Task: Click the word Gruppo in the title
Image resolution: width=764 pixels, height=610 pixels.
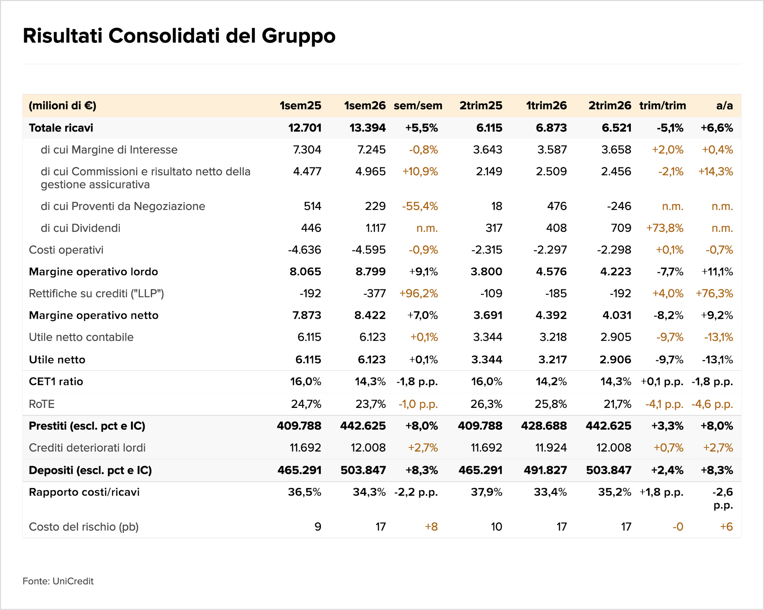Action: pyautogui.click(x=298, y=37)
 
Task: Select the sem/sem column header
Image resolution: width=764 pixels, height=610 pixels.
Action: pyautogui.click(x=418, y=106)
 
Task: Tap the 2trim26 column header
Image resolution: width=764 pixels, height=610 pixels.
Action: pyautogui.click(x=610, y=106)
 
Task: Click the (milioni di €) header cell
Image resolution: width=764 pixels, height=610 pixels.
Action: pyautogui.click(x=63, y=106)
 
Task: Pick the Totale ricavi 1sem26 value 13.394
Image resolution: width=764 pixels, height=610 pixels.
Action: pyautogui.click(x=367, y=128)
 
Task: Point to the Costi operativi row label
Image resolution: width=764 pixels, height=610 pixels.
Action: pyautogui.click(x=66, y=250)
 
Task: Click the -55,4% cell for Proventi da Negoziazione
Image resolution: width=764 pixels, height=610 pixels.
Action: pyautogui.click(x=420, y=206)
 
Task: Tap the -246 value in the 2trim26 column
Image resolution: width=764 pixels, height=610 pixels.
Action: pyautogui.click(x=619, y=206)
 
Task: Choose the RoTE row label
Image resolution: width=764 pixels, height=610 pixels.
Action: pyautogui.click(x=42, y=404)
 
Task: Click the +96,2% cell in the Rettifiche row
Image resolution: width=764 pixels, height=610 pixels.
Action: pyautogui.click(x=419, y=293)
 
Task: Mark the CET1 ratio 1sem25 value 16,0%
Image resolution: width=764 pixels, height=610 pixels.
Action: pyautogui.click(x=306, y=381)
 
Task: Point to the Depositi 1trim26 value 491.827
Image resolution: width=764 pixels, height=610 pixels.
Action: pyautogui.click(x=545, y=470)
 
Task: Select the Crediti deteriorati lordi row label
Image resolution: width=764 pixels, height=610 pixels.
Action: pyautogui.click(x=87, y=448)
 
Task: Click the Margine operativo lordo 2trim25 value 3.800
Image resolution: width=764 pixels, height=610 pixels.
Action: pyautogui.click(x=486, y=272)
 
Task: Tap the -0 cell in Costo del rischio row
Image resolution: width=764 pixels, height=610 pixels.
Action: pyautogui.click(x=678, y=527)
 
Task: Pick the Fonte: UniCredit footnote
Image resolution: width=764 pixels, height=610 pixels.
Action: pyautogui.click(x=58, y=581)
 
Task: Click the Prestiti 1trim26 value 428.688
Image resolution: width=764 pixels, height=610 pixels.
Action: pyautogui.click(x=544, y=426)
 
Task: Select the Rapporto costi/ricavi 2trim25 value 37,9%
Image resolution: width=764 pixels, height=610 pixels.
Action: pyautogui.click(x=486, y=492)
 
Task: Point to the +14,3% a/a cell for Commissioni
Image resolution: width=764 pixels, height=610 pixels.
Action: pyautogui.click(x=716, y=172)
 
